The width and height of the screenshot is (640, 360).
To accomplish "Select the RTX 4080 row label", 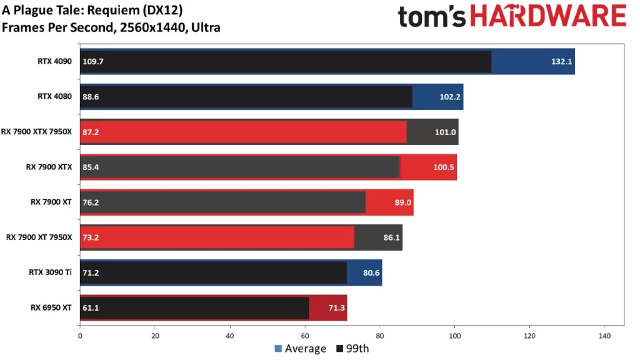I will tap(54, 96).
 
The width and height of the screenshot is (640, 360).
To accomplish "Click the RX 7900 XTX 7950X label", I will tap(41, 132).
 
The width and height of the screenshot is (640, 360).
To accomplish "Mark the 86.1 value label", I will tap(390, 237).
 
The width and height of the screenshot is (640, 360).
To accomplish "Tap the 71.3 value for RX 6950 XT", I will tap(334, 307).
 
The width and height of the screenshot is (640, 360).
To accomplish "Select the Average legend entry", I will tap(301, 349).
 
